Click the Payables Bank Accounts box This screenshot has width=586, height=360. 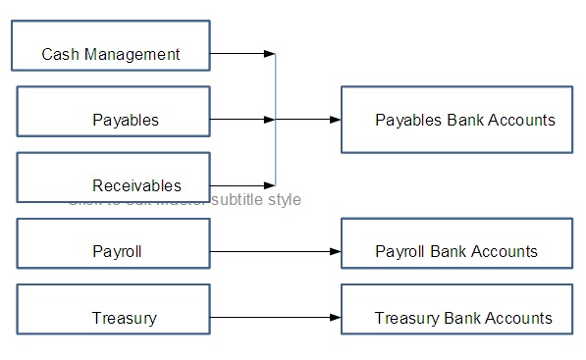(x=456, y=120)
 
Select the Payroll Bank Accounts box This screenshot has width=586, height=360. (x=456, y=251)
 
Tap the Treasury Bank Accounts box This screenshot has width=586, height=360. (x=456, y=318)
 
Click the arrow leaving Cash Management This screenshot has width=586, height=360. (x=240, y=54)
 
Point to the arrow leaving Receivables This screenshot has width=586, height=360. (x=240, y=185)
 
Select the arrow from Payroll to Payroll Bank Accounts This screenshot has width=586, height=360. (x=275, y=252)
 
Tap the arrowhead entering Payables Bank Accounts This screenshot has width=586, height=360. (x=335, y=120)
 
